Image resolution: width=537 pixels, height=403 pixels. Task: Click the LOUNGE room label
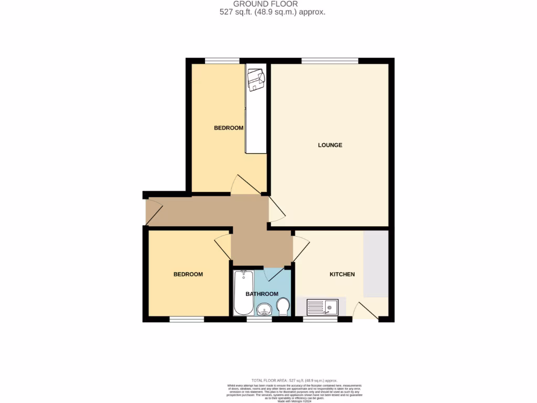click(x=330, y=145)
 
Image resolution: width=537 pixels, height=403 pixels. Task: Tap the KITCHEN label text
click(x=342, y=274)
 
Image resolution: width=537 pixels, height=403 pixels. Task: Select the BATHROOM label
click(x=262, y=294)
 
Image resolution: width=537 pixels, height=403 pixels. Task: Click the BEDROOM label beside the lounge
click(x=229, y=128)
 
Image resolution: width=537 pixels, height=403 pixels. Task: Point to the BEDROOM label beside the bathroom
click(x=188, y=274)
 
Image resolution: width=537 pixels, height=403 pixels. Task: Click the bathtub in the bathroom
click(x=243, y=293)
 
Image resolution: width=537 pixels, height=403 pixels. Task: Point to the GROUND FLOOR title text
click(x=265, y=4)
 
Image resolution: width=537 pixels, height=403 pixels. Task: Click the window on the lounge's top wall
click(x=330, y=61)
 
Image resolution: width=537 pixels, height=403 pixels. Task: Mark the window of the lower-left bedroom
click(x=186, y=319)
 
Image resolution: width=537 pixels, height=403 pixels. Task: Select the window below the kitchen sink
click(x=320, y=319)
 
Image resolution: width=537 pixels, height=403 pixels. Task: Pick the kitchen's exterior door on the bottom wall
click(x=365, y=312)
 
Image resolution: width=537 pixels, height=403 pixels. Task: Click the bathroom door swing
click(x=275, y=274)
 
